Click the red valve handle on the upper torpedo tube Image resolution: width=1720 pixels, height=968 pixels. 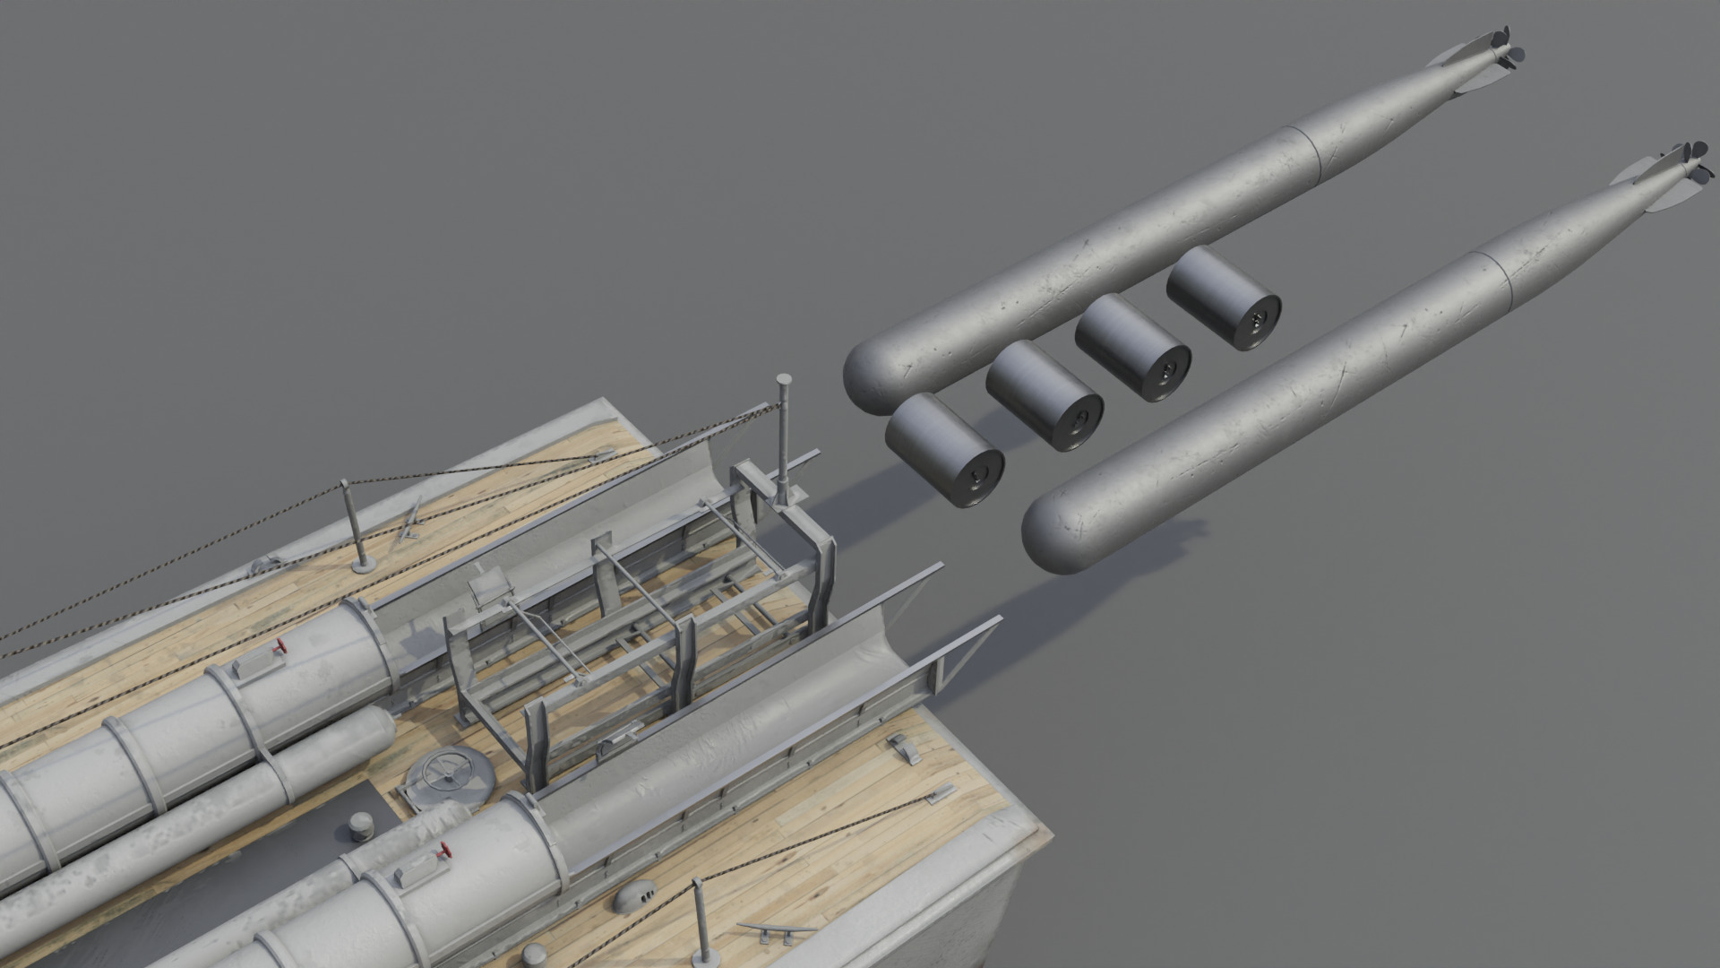click(x=280, y=647)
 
